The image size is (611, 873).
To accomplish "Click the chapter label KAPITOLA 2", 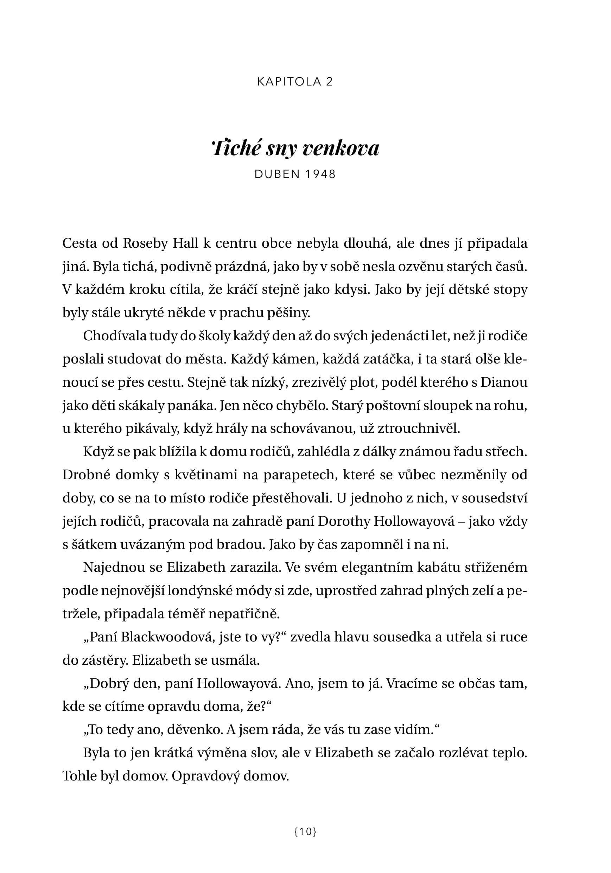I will (295, 82).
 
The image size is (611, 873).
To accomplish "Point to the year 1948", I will (320, 174).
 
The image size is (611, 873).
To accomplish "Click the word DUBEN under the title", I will (277, 174).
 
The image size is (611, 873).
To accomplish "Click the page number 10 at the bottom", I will (305, 832).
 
